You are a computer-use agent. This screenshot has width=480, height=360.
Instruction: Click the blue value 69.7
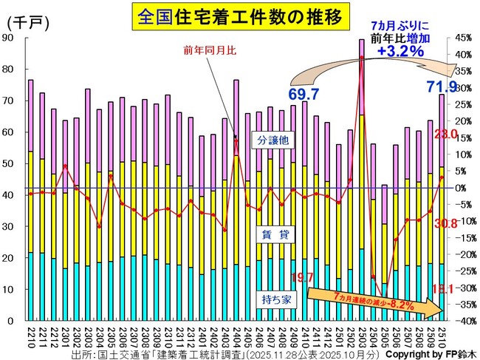[x=304, y=94]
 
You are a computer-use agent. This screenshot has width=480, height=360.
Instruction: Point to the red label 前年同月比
[x=208, y=50]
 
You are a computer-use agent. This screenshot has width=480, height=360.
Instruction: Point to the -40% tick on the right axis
[x=462, y=321]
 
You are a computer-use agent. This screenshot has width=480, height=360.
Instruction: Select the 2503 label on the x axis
[x=361, y=337]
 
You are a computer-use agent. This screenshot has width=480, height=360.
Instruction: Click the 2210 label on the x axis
[x=30, y=337]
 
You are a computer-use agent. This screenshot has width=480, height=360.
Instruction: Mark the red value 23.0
[x=447, y=134]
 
